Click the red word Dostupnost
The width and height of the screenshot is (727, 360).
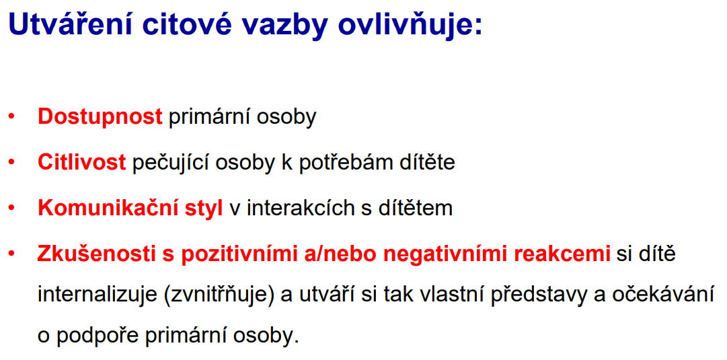(x=100, y=117)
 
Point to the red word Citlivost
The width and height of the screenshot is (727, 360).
(x=81, y=163)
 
